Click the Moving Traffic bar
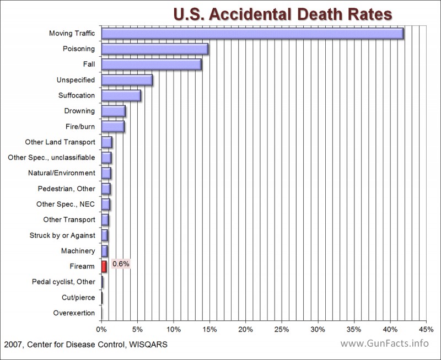pos(252,34)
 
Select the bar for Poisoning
pos(155,49)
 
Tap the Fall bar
pos(152,65)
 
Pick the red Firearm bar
pos(104,267)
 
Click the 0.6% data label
pos(121,264)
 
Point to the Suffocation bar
pos(121,95)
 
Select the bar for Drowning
pos(114,111)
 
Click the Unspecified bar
pos(127,80)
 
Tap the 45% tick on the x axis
pos(426,330)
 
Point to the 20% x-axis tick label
pos(245,330)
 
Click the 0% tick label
pos(101,330)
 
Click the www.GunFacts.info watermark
pos(384,343)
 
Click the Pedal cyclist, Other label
pos(63,282)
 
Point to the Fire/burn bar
pos(113,127)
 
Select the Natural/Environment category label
pos(61,173)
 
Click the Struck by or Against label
pos(62,235)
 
